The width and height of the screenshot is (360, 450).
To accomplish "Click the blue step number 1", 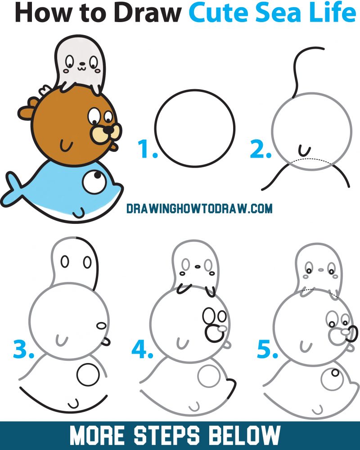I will click(146, 150).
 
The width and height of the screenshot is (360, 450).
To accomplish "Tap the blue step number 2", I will click(260, 150).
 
